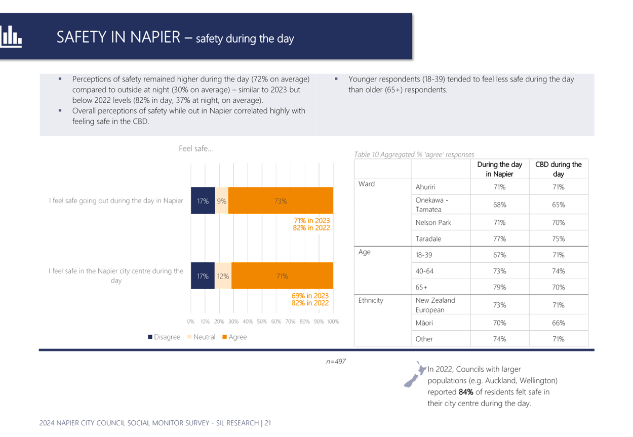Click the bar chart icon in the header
[11, 36]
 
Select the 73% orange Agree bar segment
[281, 201]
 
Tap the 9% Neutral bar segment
[222, 201]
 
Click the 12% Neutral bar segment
[223, 276]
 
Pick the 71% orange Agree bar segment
[282, 276]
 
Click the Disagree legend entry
[164, 337]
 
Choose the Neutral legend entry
[201, 337]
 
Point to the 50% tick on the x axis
[262, 322]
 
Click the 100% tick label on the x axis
[333, 322]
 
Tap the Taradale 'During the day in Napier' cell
[499, 239]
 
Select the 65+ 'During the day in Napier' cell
[499, 287]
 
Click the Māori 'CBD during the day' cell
[559, 323]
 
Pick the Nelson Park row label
[433, 223]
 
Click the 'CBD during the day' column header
[559, 169]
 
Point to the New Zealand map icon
[415, 374]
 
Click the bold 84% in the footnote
[466, 392]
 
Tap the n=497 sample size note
[336, 362]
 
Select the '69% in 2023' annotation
[310, 296]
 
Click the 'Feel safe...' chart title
[196, 148]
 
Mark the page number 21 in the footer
[267, 423]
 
